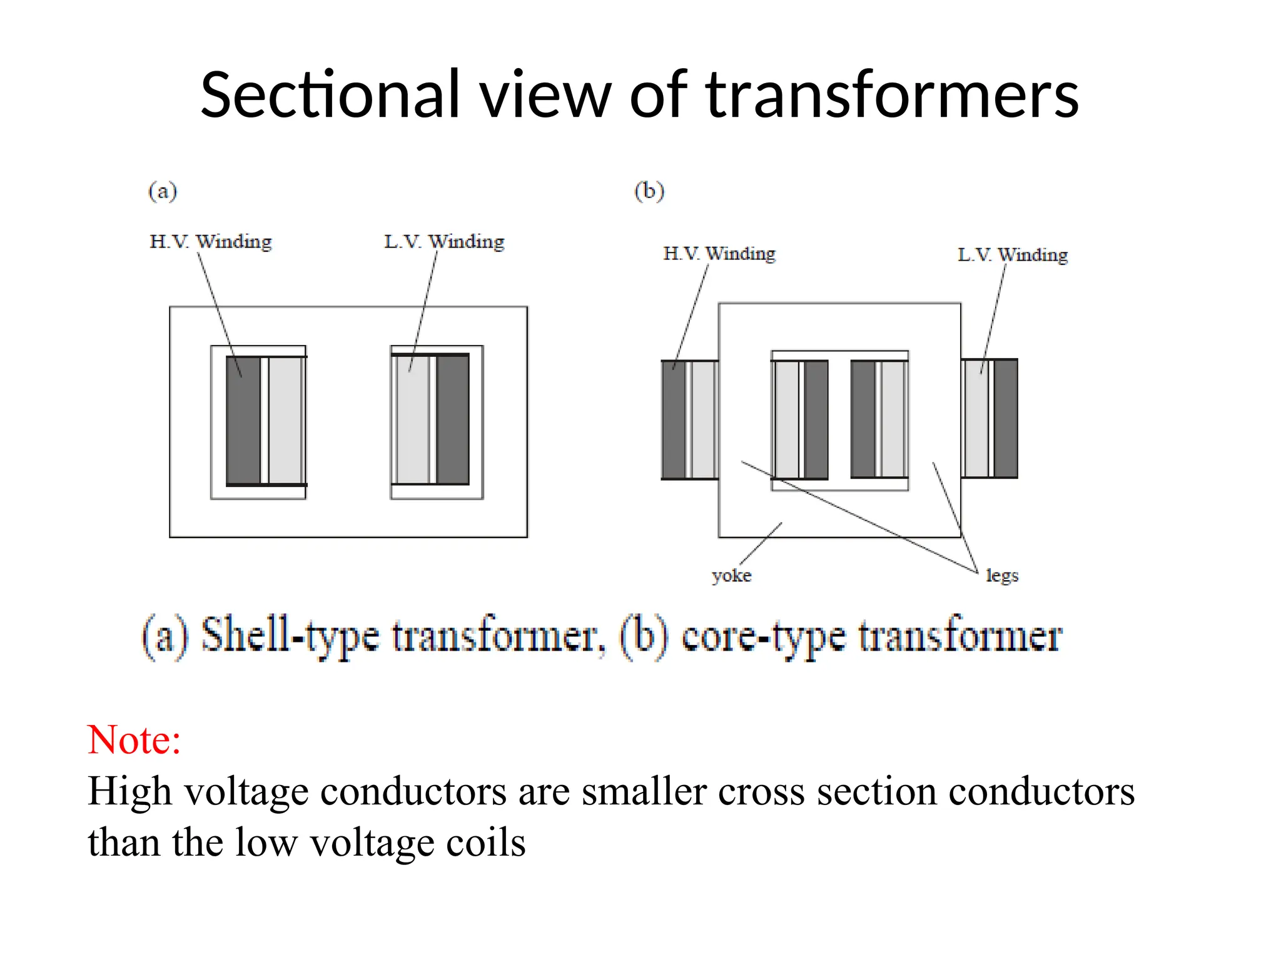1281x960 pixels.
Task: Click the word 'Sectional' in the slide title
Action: click(x=330, y=95)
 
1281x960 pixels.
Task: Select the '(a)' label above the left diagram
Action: click(x=163, y=191)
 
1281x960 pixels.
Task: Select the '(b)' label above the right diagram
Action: click(x=649, y=191)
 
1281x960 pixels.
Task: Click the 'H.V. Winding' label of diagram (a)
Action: click(x=211, y=241)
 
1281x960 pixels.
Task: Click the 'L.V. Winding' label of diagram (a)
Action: click(x=444, y=241)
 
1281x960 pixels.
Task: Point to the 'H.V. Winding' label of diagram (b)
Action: click(x=719, y=253)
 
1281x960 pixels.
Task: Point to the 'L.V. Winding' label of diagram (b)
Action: click(x=1013, y=254)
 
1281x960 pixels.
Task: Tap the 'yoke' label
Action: click(x=731, y=575)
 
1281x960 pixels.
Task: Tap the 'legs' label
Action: click(x=1002, y=575)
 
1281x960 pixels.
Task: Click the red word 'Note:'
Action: click(x=134, y=740)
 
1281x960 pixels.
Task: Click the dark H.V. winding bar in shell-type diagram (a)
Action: click(x=243, y=420)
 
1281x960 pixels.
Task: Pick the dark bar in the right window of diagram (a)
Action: click(x=453, y=419)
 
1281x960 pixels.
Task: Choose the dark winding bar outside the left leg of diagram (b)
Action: click(x=674, y=419)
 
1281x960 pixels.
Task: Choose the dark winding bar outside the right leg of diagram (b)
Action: click(x=1006, y=418)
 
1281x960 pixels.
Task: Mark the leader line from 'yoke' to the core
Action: click(x=761, y=544)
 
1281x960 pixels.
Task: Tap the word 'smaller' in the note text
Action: click(x=644, y=792)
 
